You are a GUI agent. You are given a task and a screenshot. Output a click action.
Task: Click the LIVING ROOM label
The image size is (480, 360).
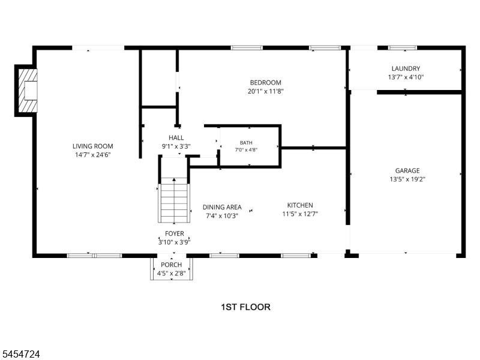93,146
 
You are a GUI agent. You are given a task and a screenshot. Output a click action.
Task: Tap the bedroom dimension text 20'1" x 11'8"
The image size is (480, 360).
266,91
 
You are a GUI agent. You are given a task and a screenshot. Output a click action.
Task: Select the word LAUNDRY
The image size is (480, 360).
406,68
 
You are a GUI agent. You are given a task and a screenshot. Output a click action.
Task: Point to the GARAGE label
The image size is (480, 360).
407,170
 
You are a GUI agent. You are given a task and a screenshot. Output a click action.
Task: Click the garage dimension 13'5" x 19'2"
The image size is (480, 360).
407,179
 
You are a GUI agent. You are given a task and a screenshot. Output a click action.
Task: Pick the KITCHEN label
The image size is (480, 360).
300,205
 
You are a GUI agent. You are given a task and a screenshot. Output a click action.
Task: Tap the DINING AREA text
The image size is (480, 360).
222,207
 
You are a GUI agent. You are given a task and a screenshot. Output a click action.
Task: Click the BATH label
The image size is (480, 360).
246,143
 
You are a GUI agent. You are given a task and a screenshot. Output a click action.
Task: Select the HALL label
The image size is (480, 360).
176,138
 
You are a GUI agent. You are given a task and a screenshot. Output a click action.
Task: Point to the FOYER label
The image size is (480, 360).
175,233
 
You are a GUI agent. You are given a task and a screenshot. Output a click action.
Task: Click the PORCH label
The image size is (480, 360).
172,265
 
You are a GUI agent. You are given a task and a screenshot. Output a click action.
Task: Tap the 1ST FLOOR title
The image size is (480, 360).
246,307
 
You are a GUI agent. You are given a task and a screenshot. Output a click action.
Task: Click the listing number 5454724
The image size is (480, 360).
20,354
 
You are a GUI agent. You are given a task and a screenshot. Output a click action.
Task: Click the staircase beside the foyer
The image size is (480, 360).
174,200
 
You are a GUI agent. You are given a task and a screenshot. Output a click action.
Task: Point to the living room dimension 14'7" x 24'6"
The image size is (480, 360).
93,155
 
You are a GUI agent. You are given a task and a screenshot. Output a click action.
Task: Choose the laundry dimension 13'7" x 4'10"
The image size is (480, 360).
406,77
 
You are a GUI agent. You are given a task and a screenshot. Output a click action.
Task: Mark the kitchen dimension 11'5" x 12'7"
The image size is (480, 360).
300,214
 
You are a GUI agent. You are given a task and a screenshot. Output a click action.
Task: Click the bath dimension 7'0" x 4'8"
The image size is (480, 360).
246,150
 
